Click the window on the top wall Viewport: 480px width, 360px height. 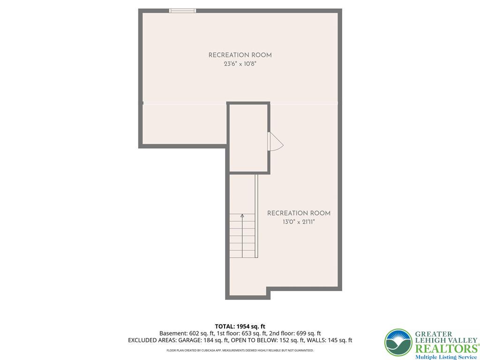coord(182,11)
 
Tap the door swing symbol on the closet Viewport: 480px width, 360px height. coord(275,142)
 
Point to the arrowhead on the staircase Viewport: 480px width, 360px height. coord(242,216)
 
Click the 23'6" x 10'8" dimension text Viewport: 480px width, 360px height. coord(240,64)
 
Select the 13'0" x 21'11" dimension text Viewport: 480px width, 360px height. coord(299,222)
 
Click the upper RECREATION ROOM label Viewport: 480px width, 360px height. coord(240,55)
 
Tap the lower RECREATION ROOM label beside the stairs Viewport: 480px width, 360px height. coord(299,213)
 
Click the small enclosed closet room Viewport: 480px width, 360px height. coord(248,138)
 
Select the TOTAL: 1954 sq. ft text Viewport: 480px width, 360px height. coord(240,327)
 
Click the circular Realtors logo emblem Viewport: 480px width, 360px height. coord(398,343)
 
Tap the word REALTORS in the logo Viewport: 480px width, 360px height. coord(446,349)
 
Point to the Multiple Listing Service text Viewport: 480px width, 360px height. coord(446,357)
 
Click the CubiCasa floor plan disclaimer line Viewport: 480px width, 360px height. coord(240,350)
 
